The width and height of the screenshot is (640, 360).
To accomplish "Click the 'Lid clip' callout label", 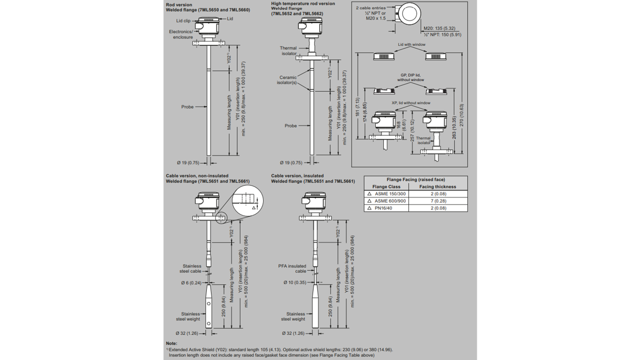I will (x=183, y=21).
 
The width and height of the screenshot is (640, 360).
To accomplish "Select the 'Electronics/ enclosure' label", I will (x=181, y=34).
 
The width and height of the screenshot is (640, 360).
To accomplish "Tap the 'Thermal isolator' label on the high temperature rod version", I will (x=288, y=51).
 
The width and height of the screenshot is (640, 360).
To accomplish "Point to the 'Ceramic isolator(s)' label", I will (x=287, y=80).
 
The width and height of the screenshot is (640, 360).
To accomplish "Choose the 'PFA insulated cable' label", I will (x=292, y=268).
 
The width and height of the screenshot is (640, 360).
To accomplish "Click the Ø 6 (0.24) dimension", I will (x=191, y=283).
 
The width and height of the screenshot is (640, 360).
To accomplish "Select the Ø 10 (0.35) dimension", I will (x=295, y=283).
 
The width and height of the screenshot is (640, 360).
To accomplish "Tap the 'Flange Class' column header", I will (x=386, y=187).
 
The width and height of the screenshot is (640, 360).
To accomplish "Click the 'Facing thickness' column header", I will (x=437, y=187).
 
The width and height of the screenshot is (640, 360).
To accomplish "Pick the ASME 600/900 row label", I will (x=390, y=201).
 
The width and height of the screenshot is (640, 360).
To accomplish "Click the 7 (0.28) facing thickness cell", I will (x=438, y=201).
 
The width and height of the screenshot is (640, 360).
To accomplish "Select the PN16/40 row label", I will (x=383, y=208).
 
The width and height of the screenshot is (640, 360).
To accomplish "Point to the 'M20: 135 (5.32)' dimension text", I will (x=439, y=28).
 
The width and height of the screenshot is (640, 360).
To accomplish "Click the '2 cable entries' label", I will (x=371, y=8).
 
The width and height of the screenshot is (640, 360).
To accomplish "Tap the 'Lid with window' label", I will (x=411, y=45).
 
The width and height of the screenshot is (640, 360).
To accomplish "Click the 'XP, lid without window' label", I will (x=411, y=103).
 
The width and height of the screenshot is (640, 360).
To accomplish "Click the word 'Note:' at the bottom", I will (x=172, y=343).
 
